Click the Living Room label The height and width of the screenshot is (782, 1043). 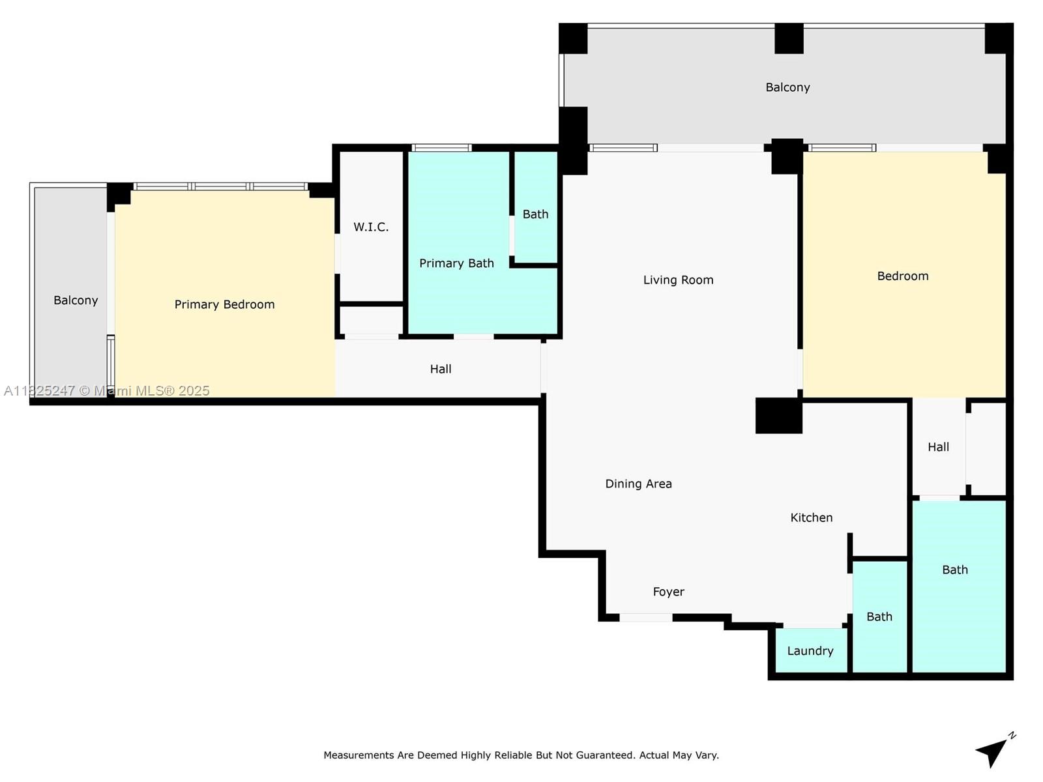[678, 280]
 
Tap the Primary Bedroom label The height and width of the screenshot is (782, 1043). [224, 304]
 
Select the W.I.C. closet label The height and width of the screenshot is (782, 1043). [371, 227]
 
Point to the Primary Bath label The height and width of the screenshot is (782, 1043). [456, 263]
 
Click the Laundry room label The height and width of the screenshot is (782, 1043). [810, 650]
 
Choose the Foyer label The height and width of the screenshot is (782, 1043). [669, 592]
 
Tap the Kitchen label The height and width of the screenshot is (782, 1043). [811, 517]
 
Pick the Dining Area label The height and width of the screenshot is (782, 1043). [638, 484]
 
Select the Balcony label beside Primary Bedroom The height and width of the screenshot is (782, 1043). [76, 300]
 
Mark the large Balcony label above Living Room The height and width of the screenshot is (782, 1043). [787, 87]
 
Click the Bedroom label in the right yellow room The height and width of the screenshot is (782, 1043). [902, 276]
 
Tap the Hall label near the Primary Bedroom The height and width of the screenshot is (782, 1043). [441, 369]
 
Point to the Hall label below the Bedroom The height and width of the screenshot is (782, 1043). [938, 447]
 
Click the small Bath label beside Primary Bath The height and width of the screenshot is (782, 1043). [535, 214]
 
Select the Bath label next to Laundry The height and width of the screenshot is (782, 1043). [879, 616]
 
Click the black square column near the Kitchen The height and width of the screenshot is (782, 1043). [779, 416]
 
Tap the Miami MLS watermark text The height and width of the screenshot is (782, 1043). [106, 391]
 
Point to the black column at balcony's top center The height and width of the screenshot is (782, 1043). [789, 38]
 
